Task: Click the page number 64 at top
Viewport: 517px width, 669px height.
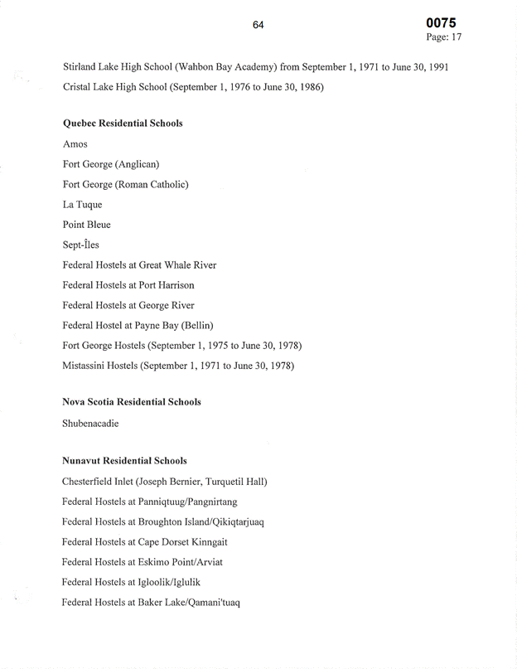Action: (x=258, y=26)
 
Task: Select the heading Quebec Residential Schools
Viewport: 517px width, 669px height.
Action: (x=123, y=124)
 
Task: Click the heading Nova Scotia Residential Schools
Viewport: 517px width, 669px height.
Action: (x=132, y=402)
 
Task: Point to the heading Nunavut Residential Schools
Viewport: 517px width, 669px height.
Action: (x=124, y=460)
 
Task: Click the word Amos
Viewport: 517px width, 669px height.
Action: (x=75, y=144)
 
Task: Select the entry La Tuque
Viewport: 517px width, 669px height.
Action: (x=82, y=205)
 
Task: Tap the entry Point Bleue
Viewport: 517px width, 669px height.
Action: (x=86, y=225)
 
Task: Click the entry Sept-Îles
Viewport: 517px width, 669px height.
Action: (x=82, y=245)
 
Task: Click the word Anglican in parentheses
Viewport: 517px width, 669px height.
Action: (x=138, y=164)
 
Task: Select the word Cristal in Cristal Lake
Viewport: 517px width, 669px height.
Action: (x=79, y=86)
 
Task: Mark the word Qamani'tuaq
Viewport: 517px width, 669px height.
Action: (x=213, y=603)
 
